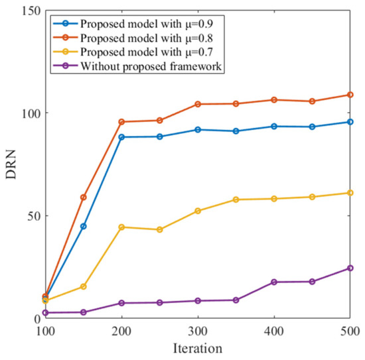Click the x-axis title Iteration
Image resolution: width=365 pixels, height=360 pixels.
(198, 348)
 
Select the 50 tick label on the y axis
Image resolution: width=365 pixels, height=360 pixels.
(33, 216)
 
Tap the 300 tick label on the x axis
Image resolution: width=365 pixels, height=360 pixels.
(198, 331)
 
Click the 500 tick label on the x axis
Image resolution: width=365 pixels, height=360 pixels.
(349, 331)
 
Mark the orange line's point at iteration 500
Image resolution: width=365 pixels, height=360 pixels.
(350, 95)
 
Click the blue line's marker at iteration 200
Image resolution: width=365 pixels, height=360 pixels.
(121, 137)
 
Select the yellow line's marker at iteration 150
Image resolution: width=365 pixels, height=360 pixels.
(84, 286)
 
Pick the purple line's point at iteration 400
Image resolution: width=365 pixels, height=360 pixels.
(274, 282)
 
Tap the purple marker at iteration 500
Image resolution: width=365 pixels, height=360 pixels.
(350, 269)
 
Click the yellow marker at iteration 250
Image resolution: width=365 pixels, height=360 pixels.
(160, 229)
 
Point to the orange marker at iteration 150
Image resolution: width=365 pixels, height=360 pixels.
(84, 197)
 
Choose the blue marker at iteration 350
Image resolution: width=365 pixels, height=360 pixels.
(236, 131)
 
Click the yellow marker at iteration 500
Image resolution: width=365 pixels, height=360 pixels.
(350, 193)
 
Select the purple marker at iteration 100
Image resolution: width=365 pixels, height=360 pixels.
(46, 313)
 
